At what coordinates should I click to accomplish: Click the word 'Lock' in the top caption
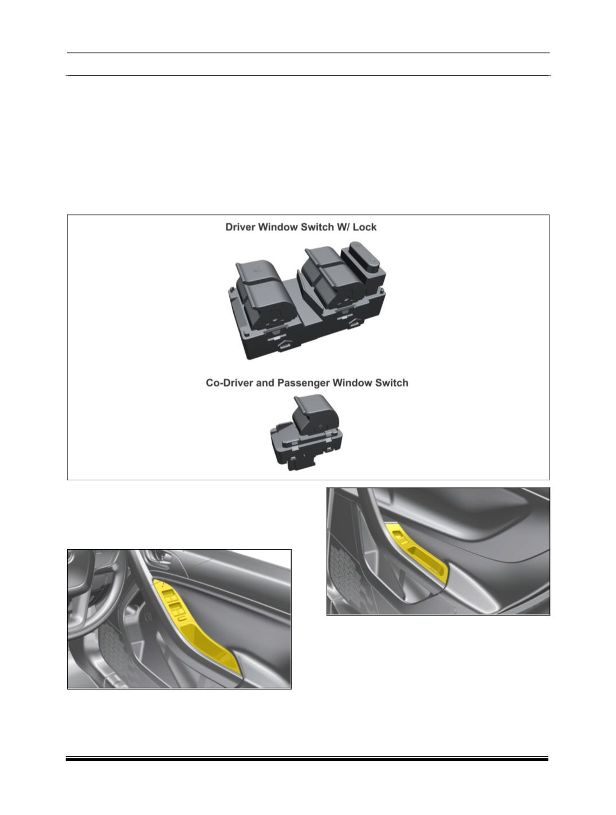pos(364,227)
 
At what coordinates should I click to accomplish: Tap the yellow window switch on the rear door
pos(398,535)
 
